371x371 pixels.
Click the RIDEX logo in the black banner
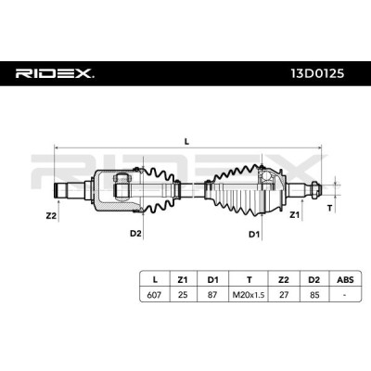coord(55,73)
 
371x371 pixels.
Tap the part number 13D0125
coord(317,73)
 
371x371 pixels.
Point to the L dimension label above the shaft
coord(186,142)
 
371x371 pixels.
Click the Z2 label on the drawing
coord(51,216)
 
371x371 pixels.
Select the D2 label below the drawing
coord(135,234)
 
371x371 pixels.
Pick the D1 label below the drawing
coord(254,235)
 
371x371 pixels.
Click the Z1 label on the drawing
coord(294,215)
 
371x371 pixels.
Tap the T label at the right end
coord(330,209)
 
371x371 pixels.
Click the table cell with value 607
coord(154,295)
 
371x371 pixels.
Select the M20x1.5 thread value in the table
coord(249,295)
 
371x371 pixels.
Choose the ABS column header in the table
coord(345,280)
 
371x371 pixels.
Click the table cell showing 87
coord(212,295)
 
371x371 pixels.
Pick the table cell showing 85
coord(314,295)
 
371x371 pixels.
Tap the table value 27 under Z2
coord(284,295)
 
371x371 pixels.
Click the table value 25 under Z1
coord(183,295)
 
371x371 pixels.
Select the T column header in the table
coord(249,280)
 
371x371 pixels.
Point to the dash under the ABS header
coord(344,295)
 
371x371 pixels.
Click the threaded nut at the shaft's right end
coord(313,188)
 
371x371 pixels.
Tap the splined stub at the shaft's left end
coord(60,191)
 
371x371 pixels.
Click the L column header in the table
coord(155,280)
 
